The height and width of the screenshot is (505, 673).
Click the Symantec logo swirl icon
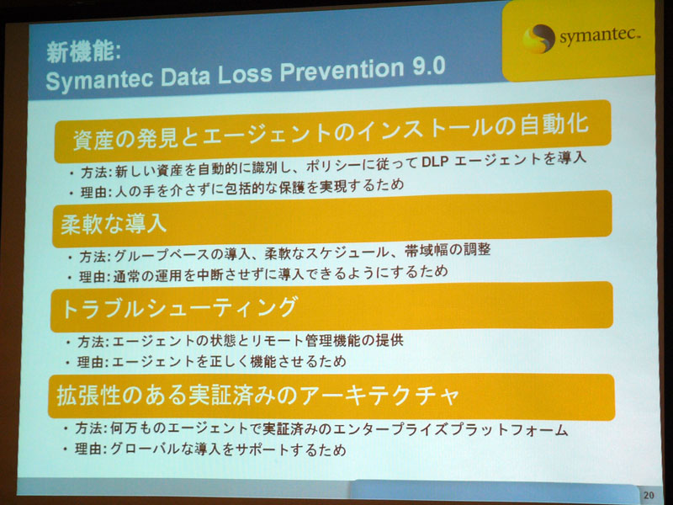click(538, 38)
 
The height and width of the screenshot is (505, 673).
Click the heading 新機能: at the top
click(83, 52)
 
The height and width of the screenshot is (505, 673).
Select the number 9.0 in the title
click(429, 67)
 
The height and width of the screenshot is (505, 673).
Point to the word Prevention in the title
click(342, 71)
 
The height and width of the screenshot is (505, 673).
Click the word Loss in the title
click(245, 74)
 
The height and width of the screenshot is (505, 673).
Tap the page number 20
click(649, 495)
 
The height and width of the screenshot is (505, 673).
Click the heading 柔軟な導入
click(114, 223)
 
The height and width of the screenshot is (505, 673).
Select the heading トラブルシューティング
click(179, 307)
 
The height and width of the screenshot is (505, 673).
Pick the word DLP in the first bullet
click(434, 162)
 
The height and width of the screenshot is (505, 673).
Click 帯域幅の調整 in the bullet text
click(448, 250)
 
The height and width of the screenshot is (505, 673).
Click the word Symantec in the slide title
click(99, 79)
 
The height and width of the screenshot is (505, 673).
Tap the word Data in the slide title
click(185, 77)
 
